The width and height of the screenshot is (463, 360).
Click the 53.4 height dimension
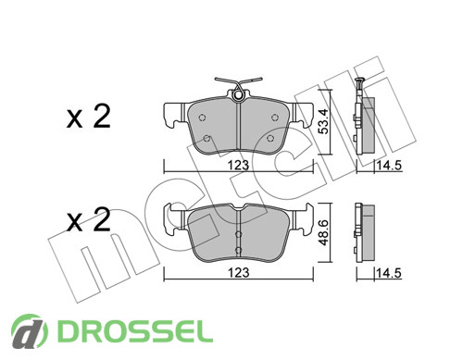(324, 121)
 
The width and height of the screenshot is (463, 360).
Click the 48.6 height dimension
(324, 233)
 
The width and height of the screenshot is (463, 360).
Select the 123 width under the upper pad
(238, 166)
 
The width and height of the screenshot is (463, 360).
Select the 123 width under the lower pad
(238, 273)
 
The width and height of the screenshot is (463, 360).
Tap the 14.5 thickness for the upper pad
(389, 166)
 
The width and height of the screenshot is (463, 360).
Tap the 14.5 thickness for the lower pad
(389, 273)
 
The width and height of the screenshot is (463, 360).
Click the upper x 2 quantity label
(89, 117)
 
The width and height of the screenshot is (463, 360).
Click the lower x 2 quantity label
(89, 220)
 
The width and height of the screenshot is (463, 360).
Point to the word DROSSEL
(135, 331)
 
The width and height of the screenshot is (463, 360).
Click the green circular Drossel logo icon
(30, 331)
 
